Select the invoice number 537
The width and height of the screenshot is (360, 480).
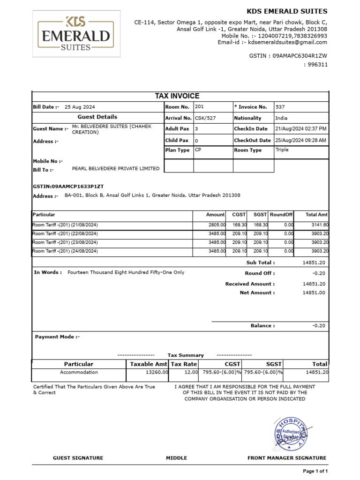coord(280,107)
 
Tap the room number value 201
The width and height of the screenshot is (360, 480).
coord(199,107)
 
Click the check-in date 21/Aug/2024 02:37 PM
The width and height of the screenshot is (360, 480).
coord(300,128)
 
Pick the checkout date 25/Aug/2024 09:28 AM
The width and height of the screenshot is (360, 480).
coord(300,140)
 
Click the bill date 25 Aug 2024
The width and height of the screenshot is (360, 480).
coord(80,107)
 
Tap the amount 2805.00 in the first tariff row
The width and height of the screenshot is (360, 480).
coord(217,225)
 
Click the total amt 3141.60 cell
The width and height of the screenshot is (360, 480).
coord(320,225)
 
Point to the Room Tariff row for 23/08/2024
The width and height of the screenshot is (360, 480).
coord(65,242)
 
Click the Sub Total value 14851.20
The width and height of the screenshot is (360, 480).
coord(314,263)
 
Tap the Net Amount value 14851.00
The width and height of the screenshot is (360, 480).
coord(314,293)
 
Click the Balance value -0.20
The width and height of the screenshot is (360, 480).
coord(319,326)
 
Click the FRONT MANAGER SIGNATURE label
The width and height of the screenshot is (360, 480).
coord(287,458)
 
